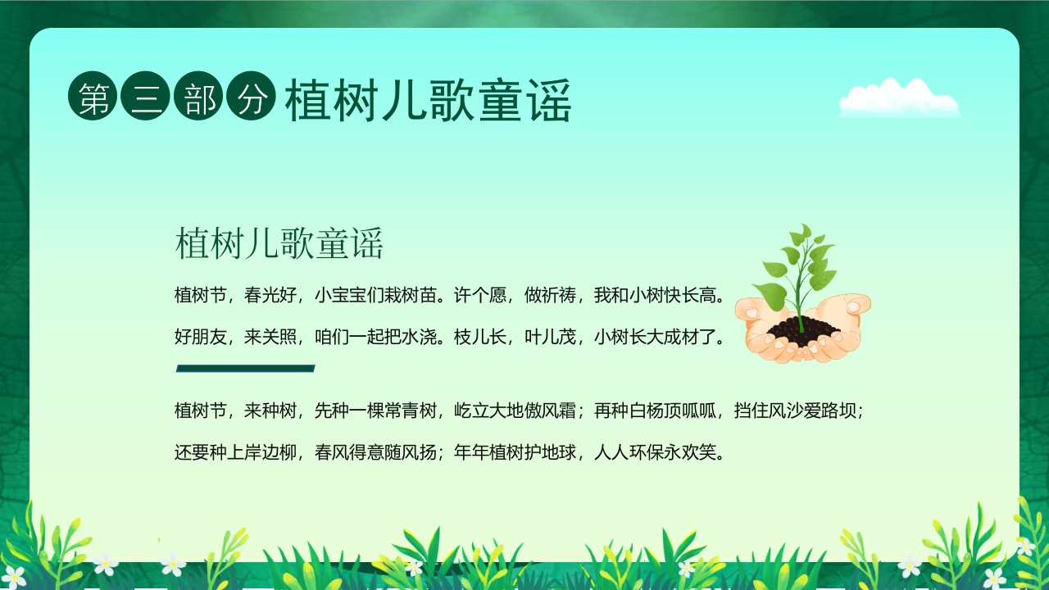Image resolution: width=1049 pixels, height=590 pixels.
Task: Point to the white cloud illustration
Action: coord(899,98)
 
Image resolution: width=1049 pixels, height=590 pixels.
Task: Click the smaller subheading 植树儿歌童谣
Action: coord(279,244)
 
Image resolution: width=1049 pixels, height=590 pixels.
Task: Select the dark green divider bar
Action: coord(245,369)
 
